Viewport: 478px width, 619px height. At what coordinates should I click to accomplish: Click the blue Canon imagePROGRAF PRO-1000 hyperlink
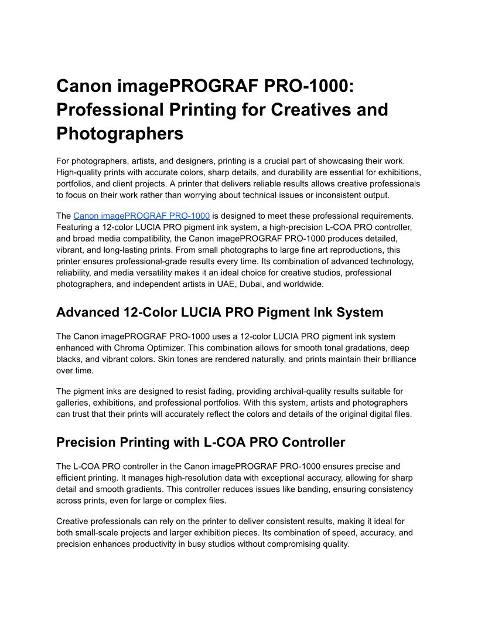tap(141, 216)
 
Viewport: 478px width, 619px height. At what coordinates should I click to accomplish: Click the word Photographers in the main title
tap(119, 134)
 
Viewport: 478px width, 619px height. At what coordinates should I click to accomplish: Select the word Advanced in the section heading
tap(87, 312)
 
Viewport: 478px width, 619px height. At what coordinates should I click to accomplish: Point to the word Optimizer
tap(160, 348)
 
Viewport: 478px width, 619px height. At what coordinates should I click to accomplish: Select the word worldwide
tap(303, 284)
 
